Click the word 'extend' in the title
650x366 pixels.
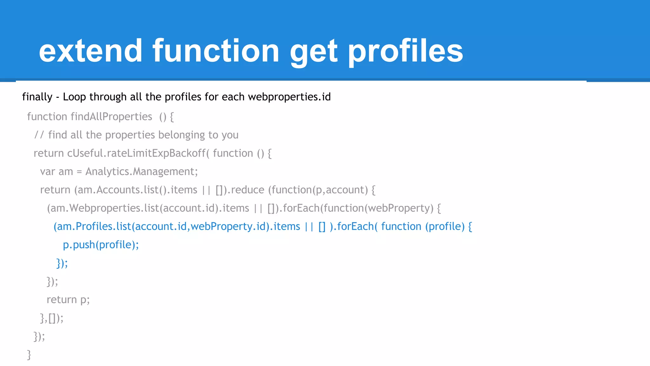pos(90,51)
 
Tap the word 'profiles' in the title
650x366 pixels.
pos(405,51)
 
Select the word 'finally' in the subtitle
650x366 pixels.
pos(37,97)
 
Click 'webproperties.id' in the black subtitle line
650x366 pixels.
pos(289,97)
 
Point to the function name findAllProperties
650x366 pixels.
pos(111,117)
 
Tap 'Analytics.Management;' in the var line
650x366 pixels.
pos(142,172)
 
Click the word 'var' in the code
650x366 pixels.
pos(48,172)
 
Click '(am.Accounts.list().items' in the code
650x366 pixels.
pos(136,190)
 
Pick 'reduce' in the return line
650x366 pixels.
pos(248,190)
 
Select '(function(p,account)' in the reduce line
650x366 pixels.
pos(318,190)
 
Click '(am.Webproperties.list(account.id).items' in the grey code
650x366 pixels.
pos(148,208)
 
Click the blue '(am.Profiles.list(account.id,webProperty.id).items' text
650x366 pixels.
pos(176,227)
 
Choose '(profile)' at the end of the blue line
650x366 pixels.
pos(445,227)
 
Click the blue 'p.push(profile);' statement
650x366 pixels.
pos(101,245)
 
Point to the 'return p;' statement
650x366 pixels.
pos(68,300)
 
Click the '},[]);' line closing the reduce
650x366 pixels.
pos(52,318)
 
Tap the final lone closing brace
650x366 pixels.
pos(29,354)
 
